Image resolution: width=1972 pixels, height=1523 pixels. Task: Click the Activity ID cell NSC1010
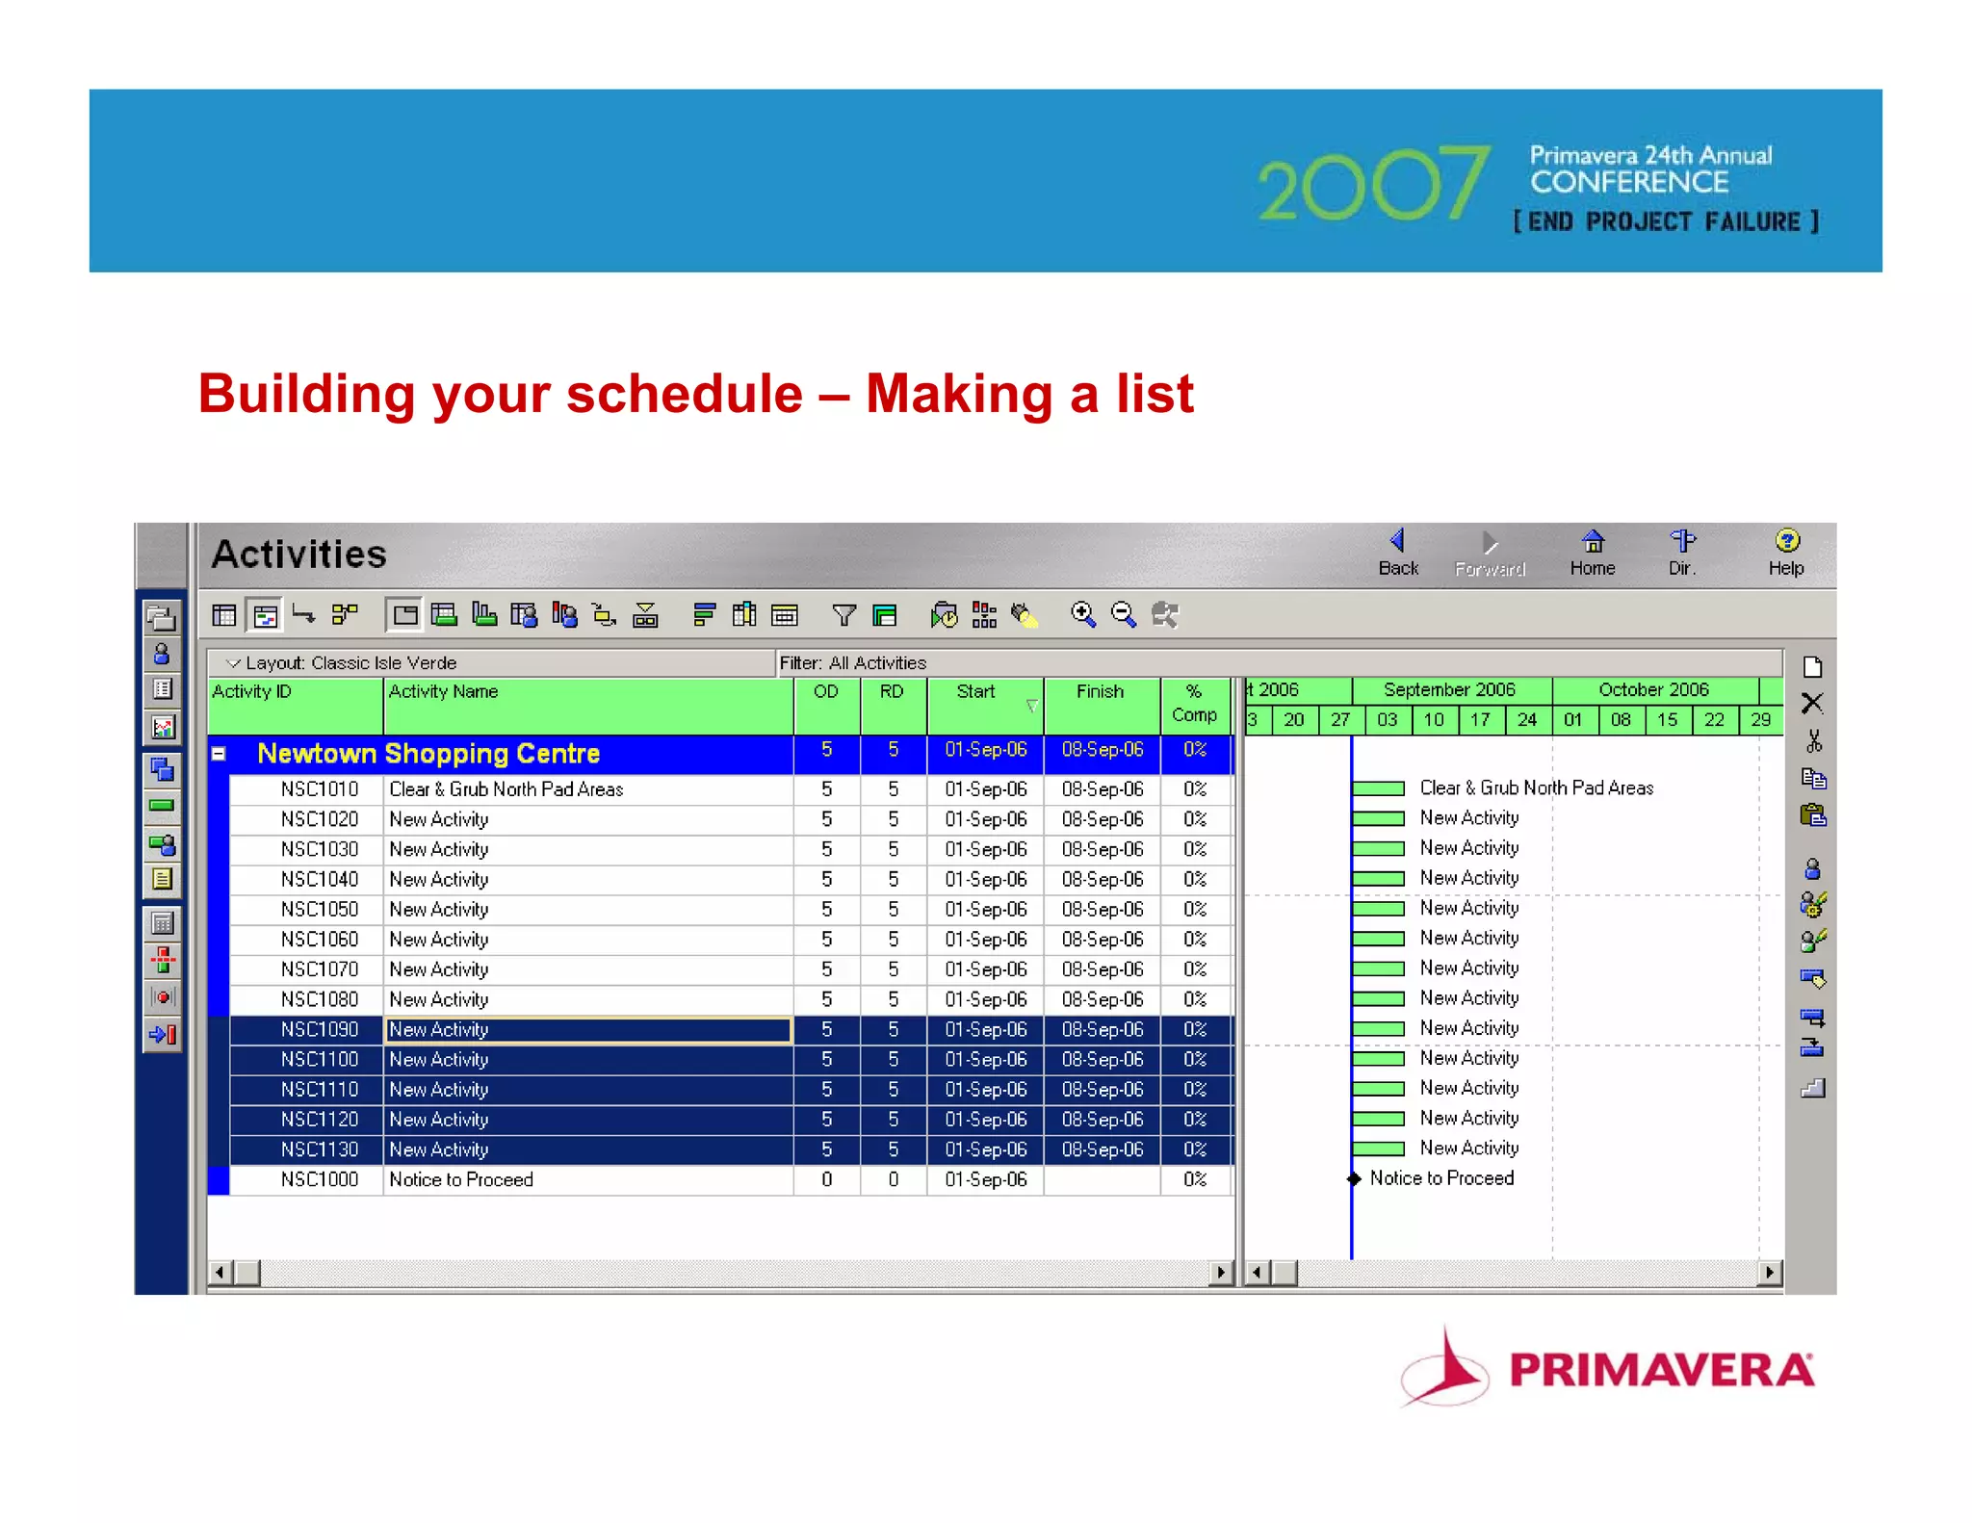click(x=319, y=789)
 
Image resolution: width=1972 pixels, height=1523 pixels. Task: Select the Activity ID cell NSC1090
click(x=319, y=1029)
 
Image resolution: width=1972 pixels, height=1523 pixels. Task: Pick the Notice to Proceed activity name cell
click(x=461, y=1179)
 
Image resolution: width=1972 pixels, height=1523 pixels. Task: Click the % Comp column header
click(x=1194, y=703)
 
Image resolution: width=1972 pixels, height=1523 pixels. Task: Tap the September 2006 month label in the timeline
click(x=1449, y=689)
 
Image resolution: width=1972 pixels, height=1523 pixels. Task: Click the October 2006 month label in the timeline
click(x=1653, y=689)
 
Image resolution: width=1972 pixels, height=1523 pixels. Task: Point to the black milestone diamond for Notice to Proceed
click(x=1354, y=1178)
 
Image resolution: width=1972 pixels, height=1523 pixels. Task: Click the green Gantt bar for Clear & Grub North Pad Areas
click(x=1378, y=788)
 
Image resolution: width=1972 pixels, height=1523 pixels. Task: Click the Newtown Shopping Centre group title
click(x=428, y=754)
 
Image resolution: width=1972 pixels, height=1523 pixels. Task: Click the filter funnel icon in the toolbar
click(x=843, y=614)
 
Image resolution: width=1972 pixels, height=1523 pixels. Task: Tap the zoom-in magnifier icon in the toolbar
click(x=1083, y=614)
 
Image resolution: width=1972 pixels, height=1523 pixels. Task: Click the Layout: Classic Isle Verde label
click(x=350, y=662)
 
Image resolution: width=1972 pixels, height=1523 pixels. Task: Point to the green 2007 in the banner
click(x=1374, y=185)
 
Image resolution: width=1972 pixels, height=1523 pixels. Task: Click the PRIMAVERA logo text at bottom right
click(x=1661, y=1370)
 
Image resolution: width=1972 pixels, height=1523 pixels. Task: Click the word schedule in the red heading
click(x=685, y=394)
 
